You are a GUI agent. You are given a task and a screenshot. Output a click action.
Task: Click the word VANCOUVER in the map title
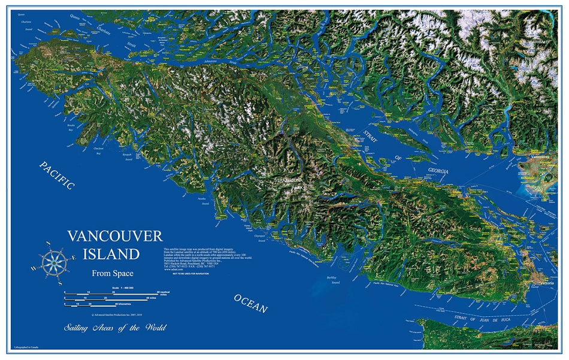point(114,235)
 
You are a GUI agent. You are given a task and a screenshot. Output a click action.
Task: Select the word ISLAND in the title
point(111,254)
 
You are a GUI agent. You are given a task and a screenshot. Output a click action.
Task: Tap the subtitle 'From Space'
point(113,274)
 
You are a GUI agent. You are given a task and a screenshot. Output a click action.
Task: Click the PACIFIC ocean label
point(57,176)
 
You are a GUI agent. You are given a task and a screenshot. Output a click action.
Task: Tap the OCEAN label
point(250,304)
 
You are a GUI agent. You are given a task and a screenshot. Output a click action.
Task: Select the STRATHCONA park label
point(290,180)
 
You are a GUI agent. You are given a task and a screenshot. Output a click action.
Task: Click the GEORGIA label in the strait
point(438,171)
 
